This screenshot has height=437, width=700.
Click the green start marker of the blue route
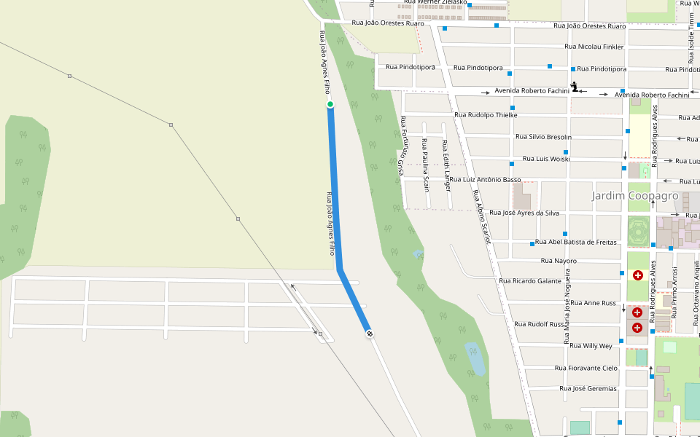pyautogui.click(x=330, y=105)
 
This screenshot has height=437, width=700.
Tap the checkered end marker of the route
pyautogui.click(x=370, y=334)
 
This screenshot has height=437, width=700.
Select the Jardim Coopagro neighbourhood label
pyautogui.click(x=635, y=196)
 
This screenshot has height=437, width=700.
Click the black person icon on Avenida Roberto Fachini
pyautogui.click(x=575, y=87)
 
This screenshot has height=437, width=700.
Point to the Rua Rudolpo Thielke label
pyautogui.click(x=486, y=115)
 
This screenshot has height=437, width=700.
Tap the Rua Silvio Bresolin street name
pyautogui.click(x=543, y=137)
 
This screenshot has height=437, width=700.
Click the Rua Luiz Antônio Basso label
pyautogui.click(x=485, y=180)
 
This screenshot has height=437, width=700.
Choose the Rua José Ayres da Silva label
pyautogui.click(x=524, y=213)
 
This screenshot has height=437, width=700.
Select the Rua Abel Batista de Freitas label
pyautogui.click(x=576, y=243)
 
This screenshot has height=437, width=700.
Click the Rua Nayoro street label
pyautogui.click(x=559, y=261)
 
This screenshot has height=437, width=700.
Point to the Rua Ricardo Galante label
pyautogui.click(x=530, y=281)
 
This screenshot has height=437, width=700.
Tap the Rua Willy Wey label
pyautogui.click(x=591, y=346)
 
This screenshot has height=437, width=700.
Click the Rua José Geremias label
pyautogui.click(x=588, y=388)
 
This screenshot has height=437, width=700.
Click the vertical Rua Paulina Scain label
pyautogui.click(x=426, y=166)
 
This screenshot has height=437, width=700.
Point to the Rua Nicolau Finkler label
pyautogui.click(x=594, y=47)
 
